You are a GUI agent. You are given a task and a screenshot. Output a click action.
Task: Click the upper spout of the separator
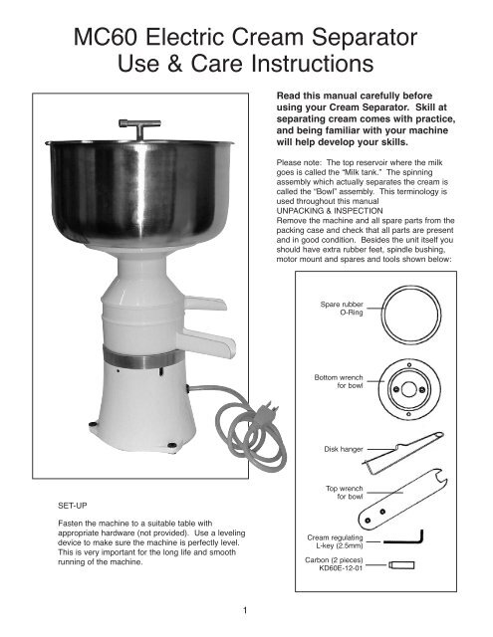click(x=205, y=303)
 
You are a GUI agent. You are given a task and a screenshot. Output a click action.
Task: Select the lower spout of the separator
click(x=208, y=342)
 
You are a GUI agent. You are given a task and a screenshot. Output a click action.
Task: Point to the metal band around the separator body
click(x=143, y=357)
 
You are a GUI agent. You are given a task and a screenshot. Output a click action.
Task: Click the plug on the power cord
click(x=269, y=409)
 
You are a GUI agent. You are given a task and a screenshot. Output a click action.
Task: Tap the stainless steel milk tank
click(x=139, y=192)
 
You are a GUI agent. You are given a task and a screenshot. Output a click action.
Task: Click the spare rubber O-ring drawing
click(x=411, y=287)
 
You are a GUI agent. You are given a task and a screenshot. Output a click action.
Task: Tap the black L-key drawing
click(x=403, y=540)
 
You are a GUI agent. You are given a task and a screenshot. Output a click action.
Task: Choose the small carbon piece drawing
click(x=401, y=564)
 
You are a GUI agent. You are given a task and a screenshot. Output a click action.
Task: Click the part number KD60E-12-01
click(x=341, y=568)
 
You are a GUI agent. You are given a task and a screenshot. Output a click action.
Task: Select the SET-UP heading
click(x=73, y=506)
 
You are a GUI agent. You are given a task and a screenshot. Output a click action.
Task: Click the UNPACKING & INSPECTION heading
click(x=330, y=211)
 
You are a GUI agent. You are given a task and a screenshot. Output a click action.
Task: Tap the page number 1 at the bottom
click(x=245, y=610)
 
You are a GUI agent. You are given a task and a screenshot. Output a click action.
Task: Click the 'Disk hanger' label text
click(x=344, y=449)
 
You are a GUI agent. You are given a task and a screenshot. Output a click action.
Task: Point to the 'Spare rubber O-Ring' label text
click(x=342, y=309)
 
